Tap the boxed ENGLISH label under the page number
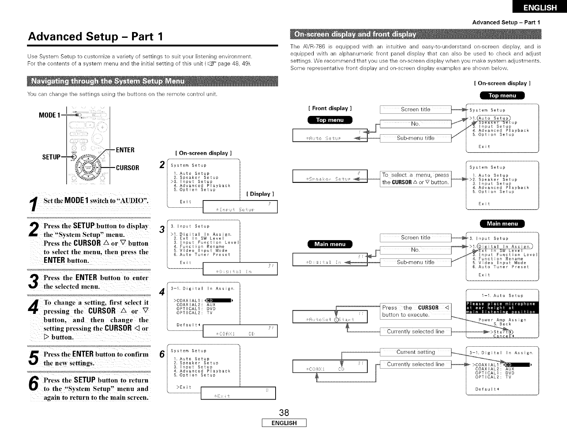(284, 423)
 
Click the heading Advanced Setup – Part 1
(96, 36)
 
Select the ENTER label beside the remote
(125, 150)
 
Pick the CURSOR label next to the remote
(127, 168)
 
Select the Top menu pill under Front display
(330, 120)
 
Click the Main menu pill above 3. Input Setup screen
(502, 224)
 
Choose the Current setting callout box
(415, 352)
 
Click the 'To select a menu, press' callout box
(415, 179)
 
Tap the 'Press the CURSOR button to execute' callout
(415, 311)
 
